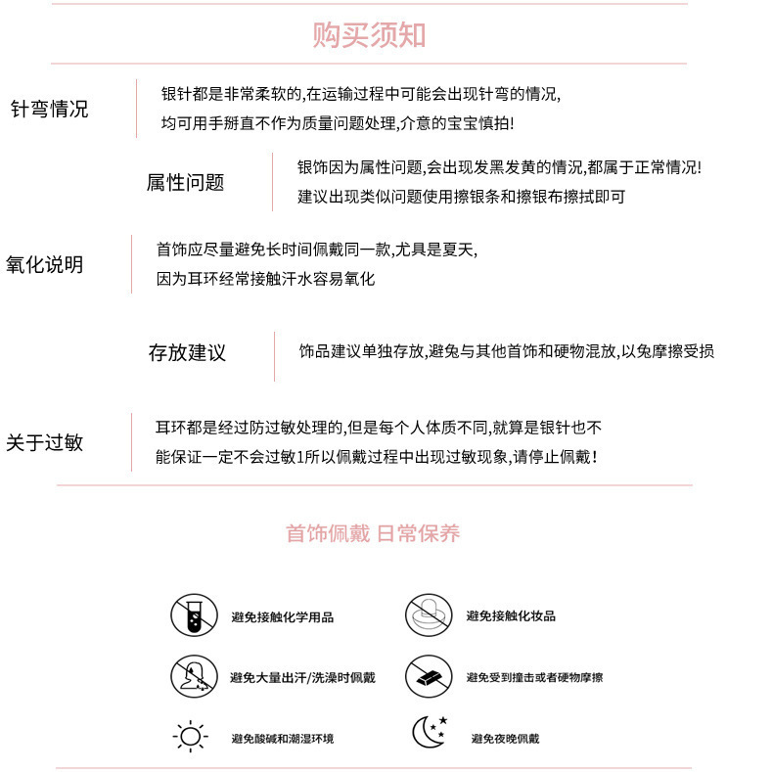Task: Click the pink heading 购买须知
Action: pyautogui.click(x=370, y=35)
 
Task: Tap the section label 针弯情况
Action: pyautogui.click(x=49, y=109)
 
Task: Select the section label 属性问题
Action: pyautogui.click(x=185, y=182)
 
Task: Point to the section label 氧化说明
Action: pyautogui.click(x=45, y=264)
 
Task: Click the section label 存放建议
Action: pyautogui.click(x=187, y=352)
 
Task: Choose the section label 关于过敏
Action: pyautogui.click(x=45, y=442)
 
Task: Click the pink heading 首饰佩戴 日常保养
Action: pyautogui.click(x=373, y=533)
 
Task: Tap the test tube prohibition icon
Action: pyautogui.click(x=193, y=616)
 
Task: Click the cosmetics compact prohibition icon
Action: pyautogui.click(x=428, y=616)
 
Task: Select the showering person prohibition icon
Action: pyautogui.click(x=193, y=676)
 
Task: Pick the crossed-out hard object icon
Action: pyautogui.click(x=428, y=676)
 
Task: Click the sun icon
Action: pyautogui.click(x=190, y=736)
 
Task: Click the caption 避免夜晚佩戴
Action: pyautogui.click(x=505, y=739)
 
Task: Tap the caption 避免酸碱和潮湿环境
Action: pyautogui.click(x=283, y=739)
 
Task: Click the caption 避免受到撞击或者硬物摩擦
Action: pyautogui.click(x=534, y=677)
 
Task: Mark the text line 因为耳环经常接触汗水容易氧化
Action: pyautogui.click(x=266, y=279)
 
